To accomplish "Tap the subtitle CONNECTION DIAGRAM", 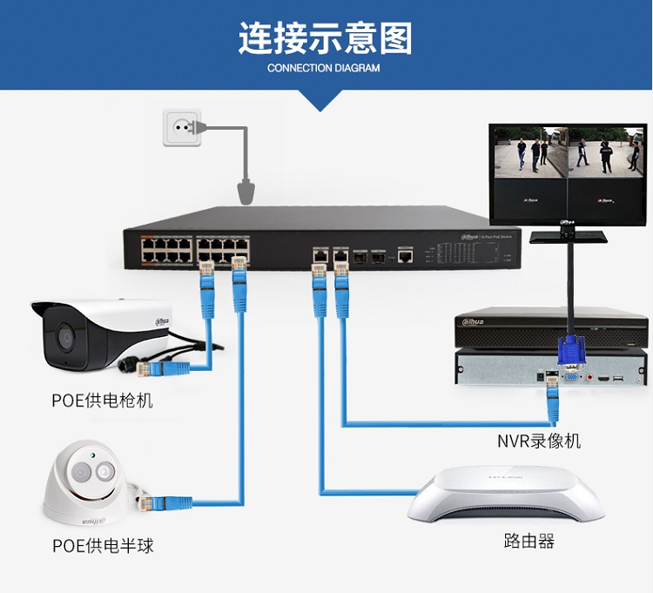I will tap(324, 68).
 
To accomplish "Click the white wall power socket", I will tap(182, 129).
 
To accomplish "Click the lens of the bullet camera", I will tap(64, 336).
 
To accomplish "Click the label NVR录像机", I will tap(539, 441).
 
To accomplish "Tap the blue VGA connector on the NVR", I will tap(569, 357).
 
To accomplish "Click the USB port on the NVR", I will tap(618, 380).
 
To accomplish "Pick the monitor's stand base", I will tap(570, 235).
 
